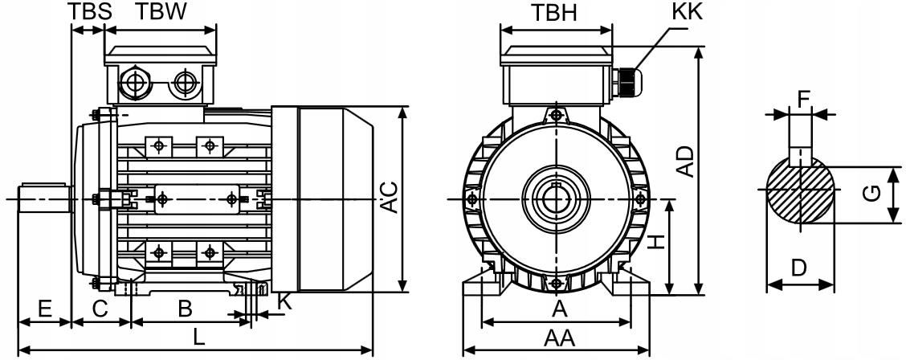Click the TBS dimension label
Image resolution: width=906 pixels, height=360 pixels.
[x=86, y=11]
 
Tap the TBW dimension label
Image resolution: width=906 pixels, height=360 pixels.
[x=161, y=11]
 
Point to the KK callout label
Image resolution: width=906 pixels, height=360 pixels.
[x=688, y=11]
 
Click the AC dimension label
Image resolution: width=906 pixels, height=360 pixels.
[x=389, y=198]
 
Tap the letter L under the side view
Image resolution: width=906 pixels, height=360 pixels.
[x=198, y=338]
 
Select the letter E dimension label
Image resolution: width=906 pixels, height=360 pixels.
[x=44, y=308]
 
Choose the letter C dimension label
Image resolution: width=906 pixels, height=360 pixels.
[x=100, y=308]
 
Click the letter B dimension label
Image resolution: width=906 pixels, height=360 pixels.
[x=185, y=308]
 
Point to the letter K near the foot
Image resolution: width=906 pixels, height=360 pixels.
[x=284, y=302]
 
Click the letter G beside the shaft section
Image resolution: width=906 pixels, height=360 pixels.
[x=875, y=194]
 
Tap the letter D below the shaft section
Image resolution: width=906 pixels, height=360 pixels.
[x=798, y=268]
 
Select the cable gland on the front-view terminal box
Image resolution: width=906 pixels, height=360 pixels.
[x=626, y=78]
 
